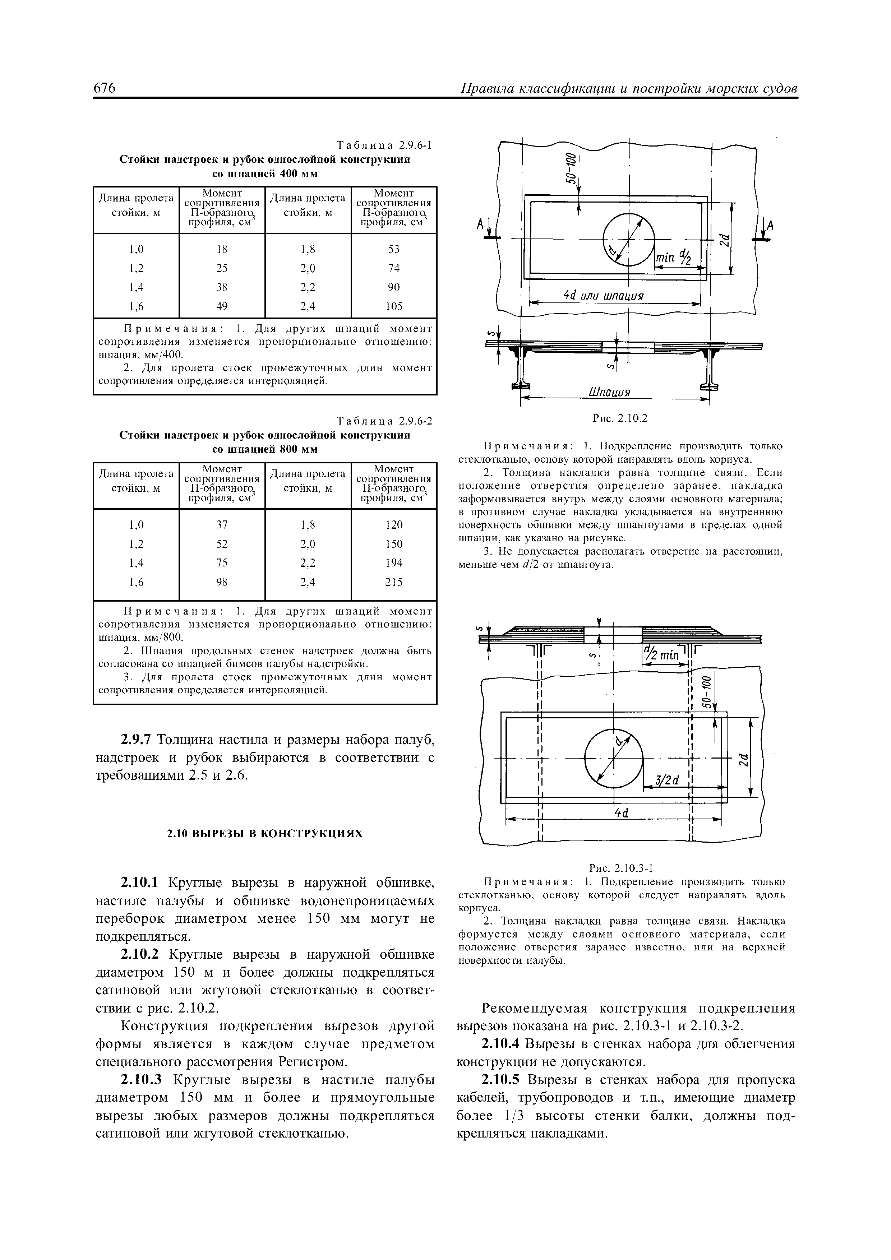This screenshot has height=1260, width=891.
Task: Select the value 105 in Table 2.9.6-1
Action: coord(394,306)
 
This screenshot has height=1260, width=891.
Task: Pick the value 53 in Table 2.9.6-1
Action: coord(394,249)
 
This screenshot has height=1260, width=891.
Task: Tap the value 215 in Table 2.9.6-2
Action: coord(394,582)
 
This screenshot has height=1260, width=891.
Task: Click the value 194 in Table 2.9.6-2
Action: coord(394,562)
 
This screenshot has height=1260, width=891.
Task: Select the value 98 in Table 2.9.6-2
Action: coord(221,582)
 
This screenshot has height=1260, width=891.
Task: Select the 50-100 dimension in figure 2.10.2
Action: coord(572,168)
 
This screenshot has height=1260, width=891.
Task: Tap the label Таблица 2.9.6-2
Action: coord(384,421)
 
